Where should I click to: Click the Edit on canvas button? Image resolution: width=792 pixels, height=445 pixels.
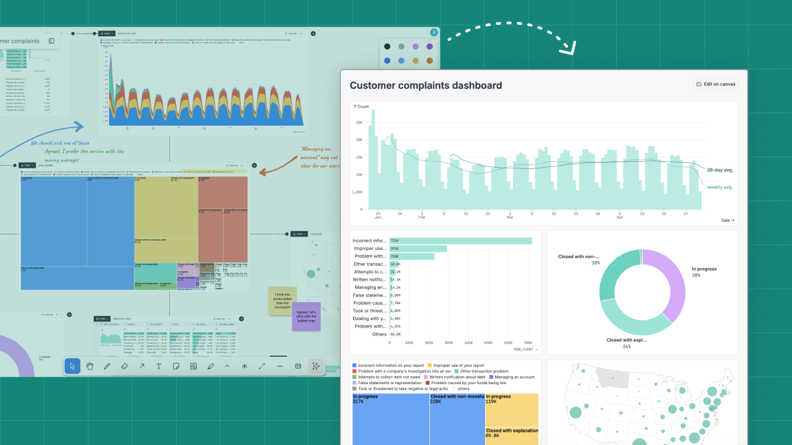click(716, 84)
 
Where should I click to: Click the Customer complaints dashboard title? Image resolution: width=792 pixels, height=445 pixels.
click(425, 86)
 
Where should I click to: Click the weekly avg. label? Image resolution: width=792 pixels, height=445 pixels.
click(720, 187)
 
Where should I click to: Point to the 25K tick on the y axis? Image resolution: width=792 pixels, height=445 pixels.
click(359, 123)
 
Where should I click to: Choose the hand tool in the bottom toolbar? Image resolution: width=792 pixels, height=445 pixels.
click(90, 366)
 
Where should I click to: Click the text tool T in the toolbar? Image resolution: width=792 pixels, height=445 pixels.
click(159, 366)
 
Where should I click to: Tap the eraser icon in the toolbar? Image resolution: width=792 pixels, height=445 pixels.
click(124, 366)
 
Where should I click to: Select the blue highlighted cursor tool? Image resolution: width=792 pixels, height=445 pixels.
click(72, 366)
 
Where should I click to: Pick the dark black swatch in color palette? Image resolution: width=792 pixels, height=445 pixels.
click(387, 46)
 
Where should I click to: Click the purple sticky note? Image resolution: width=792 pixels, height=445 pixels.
click(306, 316)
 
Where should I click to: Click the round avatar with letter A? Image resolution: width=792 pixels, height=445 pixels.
click(433, 32)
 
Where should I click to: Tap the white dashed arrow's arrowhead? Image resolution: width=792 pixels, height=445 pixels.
click(569, 48)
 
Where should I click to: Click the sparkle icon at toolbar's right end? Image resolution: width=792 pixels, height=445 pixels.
click(316, 366)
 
